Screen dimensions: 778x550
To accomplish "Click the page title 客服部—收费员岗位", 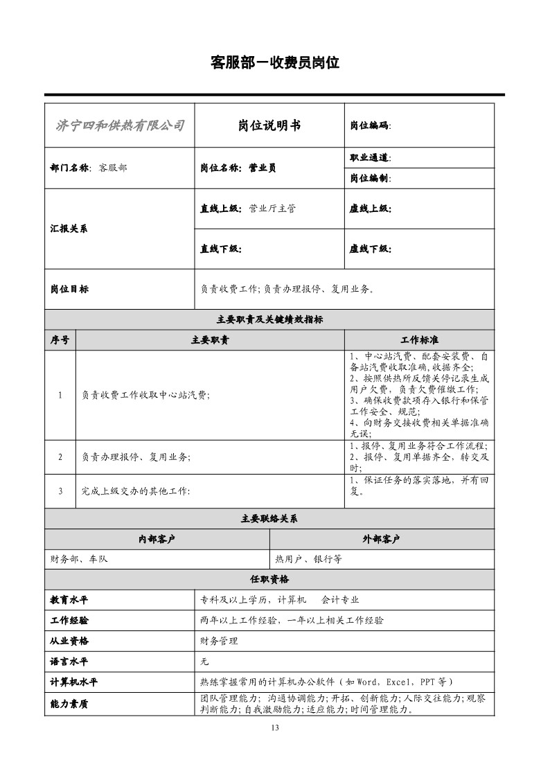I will click(274, 63).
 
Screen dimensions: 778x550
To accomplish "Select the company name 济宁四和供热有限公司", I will click(119, 125).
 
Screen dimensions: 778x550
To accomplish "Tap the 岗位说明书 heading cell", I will click(269, 125).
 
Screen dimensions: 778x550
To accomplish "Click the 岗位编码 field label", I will click(370, 126).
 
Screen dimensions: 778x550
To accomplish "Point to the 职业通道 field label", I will click(370, 158).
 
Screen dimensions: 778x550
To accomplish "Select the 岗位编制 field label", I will click(370, 178).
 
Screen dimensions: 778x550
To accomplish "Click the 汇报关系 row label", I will click(69, 229).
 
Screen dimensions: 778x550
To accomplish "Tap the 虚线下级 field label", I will click(370, 249).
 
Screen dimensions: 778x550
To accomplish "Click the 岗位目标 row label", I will click(69, 289).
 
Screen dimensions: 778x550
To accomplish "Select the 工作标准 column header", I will click(419, 340).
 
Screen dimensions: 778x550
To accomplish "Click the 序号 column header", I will click(60, 340).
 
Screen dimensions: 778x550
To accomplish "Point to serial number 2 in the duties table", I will click(60, 457).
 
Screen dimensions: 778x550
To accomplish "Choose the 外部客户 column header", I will click(382, 540).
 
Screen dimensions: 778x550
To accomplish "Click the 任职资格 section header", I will click(269, 579).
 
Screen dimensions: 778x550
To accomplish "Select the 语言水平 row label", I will click(69, 662).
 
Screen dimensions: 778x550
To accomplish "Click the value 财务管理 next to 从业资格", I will click(219, 642).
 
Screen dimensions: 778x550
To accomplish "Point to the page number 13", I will click(275, 727).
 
